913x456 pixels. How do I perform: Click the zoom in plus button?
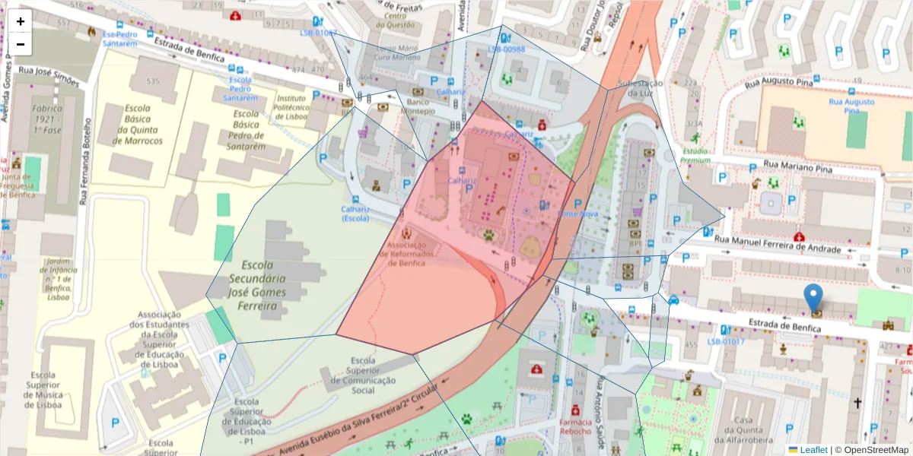point(21,21)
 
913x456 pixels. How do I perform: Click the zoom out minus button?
point(21,44)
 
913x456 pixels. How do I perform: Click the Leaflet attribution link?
point(813,450)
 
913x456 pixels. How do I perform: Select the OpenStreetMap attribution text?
point(872,450)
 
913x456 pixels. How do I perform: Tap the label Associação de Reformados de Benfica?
point(412,255)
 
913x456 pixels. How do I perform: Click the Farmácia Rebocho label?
point(575,426)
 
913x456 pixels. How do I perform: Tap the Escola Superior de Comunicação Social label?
point(364,375)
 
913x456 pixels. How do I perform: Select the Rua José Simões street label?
point(49,72)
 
